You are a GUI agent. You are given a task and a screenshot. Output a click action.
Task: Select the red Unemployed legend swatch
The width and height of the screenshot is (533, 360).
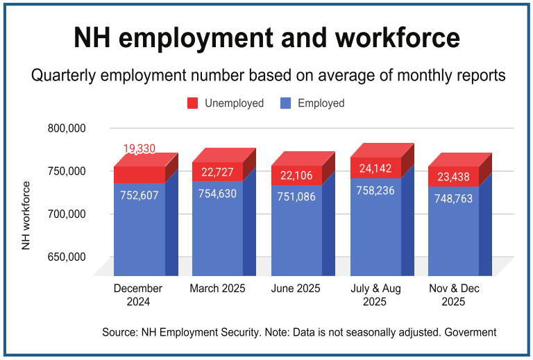click(192, 103)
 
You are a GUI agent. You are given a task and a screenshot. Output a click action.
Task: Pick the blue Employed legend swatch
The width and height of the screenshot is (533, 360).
click(285, 103)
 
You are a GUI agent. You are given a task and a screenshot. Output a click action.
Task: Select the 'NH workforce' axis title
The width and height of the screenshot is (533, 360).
click(26, 215)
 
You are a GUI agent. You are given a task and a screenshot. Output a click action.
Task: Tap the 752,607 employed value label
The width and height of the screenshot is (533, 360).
click(139, 196)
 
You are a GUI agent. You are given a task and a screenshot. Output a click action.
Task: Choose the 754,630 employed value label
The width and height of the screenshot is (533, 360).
click(218, 194)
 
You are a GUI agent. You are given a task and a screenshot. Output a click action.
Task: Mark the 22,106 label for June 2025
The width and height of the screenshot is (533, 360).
click(296, 177)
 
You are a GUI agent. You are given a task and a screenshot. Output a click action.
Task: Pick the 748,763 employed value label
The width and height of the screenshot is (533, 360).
click(454, 198)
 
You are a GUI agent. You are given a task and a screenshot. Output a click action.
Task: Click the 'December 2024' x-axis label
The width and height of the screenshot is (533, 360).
click(137, 295)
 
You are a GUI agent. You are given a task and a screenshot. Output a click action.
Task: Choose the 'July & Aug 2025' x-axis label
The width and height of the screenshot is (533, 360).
click(375, 295)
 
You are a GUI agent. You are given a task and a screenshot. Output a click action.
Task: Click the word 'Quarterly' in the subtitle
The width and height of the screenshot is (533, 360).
click(57, 76)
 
